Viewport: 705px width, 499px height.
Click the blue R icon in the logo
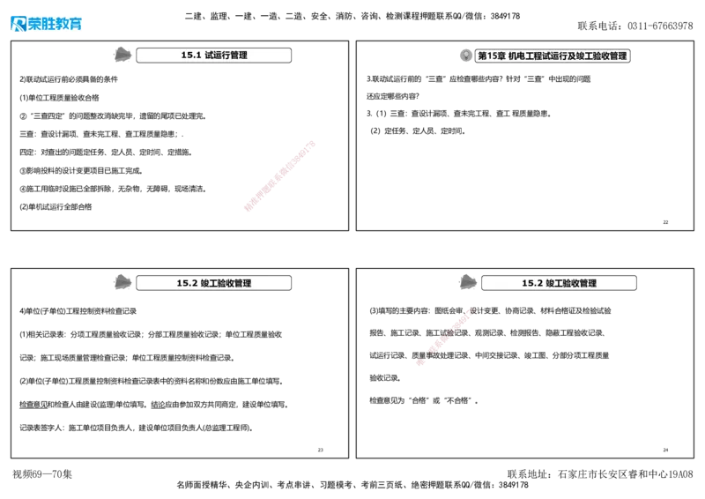click(17, 24)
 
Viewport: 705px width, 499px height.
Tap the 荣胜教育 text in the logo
click(55, 24)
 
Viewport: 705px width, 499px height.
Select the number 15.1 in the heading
click(191, 55)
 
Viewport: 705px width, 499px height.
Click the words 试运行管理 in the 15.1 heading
click(226, 55)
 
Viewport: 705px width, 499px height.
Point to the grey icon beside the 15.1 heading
click(124, 55)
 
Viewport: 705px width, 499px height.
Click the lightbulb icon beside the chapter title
click(466, 56)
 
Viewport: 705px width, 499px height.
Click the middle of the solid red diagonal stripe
click(278, 175)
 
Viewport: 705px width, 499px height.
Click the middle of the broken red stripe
click(445, 336)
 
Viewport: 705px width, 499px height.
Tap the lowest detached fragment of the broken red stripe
click(421, 362)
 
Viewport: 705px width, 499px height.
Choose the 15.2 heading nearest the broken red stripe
click(559, 283)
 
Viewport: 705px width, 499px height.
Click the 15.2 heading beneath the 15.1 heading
click(213, 283)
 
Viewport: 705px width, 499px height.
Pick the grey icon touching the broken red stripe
click(469, 283)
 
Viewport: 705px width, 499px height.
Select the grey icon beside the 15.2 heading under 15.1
click(124, 283)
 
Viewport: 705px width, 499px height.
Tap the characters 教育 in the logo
click(68, 24)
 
